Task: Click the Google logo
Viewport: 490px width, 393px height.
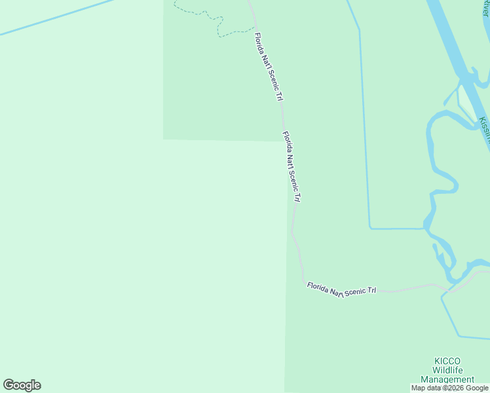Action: [x=22, y=385]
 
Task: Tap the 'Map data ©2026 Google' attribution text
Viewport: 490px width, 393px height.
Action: [x=450, y=388]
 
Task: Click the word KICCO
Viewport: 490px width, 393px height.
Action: [x=447, y=361]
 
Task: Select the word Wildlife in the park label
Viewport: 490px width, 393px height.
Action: [x=447, y=370]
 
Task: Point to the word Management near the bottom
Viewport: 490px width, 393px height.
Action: [x=447, y=379]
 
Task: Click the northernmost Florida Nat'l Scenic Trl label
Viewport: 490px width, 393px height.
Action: [x=269, y=67]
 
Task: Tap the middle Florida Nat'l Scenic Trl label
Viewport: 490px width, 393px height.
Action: [x=292, y=166]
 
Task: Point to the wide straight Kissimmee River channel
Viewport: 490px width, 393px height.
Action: [x=452, y=39]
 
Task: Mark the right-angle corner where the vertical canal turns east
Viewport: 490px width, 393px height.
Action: [x=370, y=228]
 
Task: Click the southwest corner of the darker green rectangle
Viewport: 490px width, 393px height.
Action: [x=164, y=139]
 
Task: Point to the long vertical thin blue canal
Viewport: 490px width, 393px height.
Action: [x=364, y=131]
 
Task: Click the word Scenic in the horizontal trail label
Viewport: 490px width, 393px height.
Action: [x=355, y=290]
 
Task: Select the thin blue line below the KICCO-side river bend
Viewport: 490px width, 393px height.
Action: [x=465, y=337]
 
